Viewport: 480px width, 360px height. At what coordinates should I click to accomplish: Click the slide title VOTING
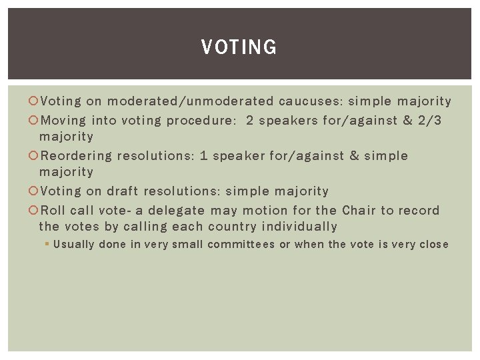[x=239, y=47]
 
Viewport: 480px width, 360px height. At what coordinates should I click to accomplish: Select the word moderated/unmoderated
[x=191, y=101]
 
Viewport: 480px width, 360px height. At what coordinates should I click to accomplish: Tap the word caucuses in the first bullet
[x=311, y=101]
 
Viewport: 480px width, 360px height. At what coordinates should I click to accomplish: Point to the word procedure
[x=200, y=121]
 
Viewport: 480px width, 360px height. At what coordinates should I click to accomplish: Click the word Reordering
[x=76, y=156]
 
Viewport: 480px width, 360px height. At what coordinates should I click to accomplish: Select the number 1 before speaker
[x=204, y=156]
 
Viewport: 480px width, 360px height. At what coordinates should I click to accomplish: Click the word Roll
[x=53, y=211]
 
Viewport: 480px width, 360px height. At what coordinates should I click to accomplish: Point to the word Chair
[x=359, y=211]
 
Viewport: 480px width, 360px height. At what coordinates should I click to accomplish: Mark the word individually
[x=300, y=227]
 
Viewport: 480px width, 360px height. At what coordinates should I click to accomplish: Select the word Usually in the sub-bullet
[x=74, y=245]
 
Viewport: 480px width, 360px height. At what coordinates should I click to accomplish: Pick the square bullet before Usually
[x=47, y=245]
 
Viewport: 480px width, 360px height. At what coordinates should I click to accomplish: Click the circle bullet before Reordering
[x=35, y=156]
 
